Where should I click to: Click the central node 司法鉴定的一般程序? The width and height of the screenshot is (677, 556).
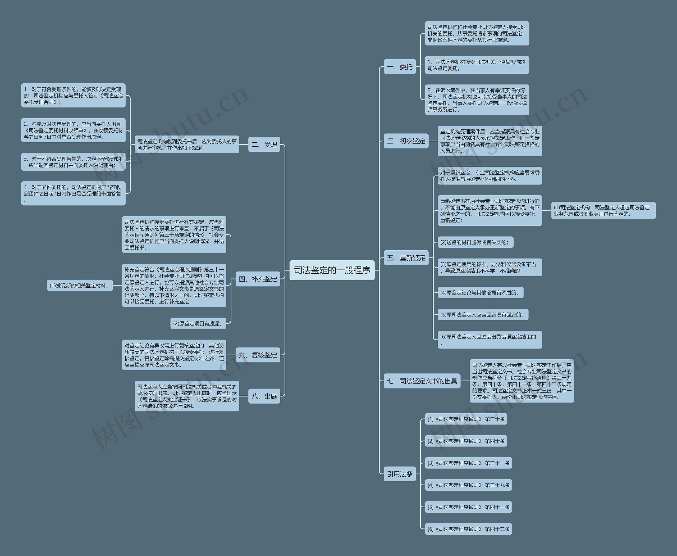(332, 270)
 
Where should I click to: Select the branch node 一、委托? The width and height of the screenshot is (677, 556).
(400, 67)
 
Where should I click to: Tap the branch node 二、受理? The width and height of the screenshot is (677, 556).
(264, 144)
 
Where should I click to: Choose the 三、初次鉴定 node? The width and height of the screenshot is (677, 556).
(406, 141)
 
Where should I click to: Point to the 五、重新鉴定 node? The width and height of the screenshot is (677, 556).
(406, 258)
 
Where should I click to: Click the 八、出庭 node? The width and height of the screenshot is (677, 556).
(264, 396)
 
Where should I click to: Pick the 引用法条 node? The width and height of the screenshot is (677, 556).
(400, 474)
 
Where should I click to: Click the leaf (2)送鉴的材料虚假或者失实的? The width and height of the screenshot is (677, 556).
(475, 242)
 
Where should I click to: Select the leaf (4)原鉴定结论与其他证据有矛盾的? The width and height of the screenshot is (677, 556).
(480, 292)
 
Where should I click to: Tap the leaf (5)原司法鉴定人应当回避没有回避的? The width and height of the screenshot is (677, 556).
(483, 314)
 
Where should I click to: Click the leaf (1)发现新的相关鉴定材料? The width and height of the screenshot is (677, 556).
(80, 285)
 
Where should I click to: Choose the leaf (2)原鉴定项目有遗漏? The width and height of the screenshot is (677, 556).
(198, 323)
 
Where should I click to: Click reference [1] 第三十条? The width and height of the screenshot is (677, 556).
(466, 419)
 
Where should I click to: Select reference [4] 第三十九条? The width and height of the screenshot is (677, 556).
(468, 485)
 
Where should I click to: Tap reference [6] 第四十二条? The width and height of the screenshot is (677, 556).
(468, 529)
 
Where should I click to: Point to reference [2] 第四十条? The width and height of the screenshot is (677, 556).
(466, 441)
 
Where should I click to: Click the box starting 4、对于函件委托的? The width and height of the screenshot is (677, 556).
(73, 193)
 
